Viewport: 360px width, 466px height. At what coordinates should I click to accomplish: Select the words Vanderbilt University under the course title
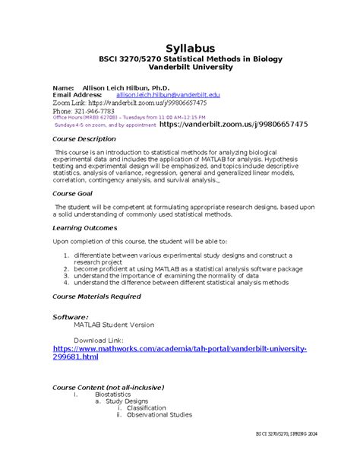tap(180, 67)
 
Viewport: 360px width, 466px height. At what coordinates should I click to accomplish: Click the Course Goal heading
tap(72, 194)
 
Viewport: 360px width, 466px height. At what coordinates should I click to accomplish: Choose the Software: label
tap(70, 315)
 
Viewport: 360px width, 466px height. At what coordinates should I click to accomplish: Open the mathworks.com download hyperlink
tap(179, 352)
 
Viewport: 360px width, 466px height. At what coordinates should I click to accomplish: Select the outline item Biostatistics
tap(112, 395)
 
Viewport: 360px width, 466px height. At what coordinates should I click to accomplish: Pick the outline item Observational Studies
tap(159, 415)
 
